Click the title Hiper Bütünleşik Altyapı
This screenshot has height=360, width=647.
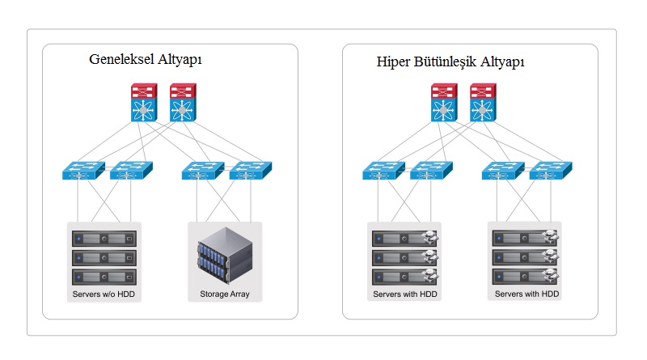click(x=450, y=61)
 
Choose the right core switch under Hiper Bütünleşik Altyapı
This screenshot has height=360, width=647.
click(x=483, y=103)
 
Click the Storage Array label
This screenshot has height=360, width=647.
click(x=224, y=294)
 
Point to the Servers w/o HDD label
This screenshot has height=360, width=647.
click(x=104, y=294)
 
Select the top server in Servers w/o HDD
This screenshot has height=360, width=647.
click(x=104, y=239)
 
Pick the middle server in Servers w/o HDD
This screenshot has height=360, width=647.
click(x=104, y=257)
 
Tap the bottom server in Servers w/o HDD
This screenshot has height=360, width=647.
click(x=104, y=276)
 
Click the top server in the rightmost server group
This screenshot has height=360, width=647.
click(x=526, y=239)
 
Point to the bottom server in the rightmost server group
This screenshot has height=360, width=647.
click(x=526, y=276)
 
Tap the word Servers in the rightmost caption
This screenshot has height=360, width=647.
click(x=510, y=294)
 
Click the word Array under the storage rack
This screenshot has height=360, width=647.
click(x=239, y=294)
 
